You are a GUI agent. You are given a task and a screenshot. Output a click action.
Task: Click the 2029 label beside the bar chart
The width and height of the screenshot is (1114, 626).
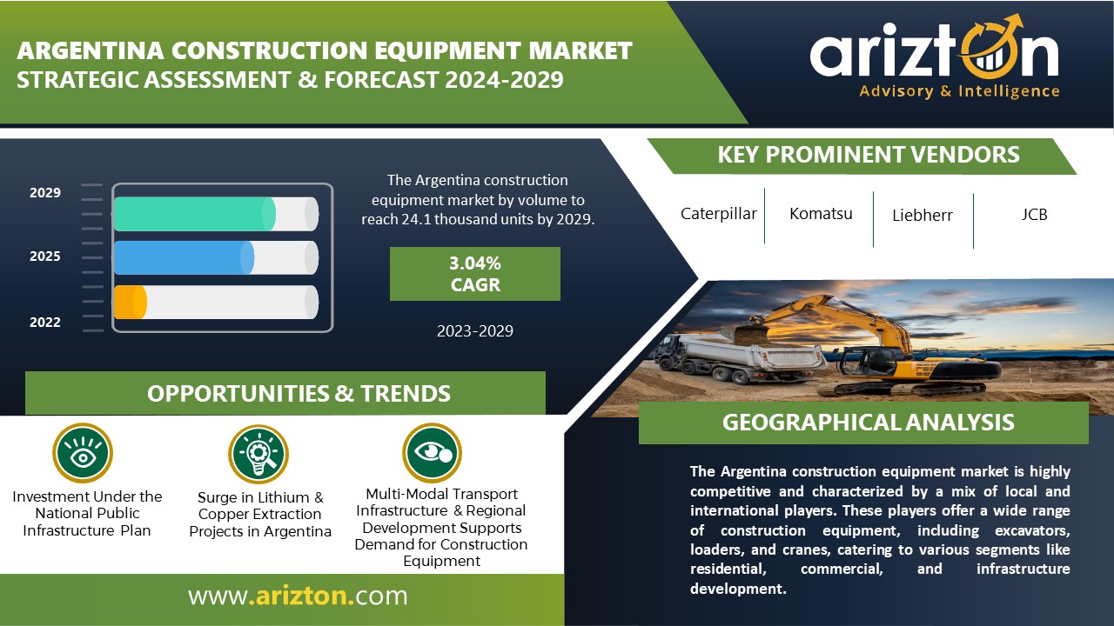coord(44,193)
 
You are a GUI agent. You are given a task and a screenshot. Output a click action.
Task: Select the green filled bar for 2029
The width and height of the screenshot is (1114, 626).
coord(194,214)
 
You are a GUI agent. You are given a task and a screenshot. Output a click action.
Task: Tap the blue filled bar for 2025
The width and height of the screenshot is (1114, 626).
coord(184,258)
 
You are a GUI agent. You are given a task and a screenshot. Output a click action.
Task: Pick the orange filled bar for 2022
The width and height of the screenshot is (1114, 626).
coord(131,302)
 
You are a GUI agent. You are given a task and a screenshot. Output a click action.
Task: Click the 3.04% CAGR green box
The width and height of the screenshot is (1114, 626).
coord(475,274)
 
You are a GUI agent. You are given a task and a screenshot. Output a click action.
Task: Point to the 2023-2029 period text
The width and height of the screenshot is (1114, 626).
coord(475,331)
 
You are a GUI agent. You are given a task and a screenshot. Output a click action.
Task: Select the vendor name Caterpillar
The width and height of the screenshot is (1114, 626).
coord(719,214)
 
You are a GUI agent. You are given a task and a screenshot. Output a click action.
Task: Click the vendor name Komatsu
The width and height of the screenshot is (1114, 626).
coord(821,214)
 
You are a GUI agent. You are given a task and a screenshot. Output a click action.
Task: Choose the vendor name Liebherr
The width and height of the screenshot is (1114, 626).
coord(923,215)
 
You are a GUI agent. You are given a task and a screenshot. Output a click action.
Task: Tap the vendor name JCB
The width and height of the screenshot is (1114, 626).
coord(1035,215)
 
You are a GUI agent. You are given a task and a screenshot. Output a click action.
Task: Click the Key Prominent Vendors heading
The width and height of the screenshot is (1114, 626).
coord(869,155)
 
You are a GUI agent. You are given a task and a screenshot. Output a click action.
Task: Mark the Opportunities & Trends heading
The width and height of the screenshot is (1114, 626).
coord(299,394)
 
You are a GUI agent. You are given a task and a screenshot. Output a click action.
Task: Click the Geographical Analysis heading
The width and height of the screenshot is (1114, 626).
coord(869,423)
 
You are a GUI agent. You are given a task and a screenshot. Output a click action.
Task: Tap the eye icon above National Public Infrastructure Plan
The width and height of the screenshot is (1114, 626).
coord(83,453)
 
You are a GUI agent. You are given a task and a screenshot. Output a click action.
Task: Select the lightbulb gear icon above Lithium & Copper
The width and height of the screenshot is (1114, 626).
coord(258,454)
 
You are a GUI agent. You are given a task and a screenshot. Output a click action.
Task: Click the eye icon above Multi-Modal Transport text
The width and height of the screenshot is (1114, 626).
coord(433,453)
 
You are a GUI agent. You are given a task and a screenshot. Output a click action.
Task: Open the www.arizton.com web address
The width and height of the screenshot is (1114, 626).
coord(298,596)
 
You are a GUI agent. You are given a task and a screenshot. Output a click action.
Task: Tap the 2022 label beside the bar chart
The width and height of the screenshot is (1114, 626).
coord(44,323)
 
